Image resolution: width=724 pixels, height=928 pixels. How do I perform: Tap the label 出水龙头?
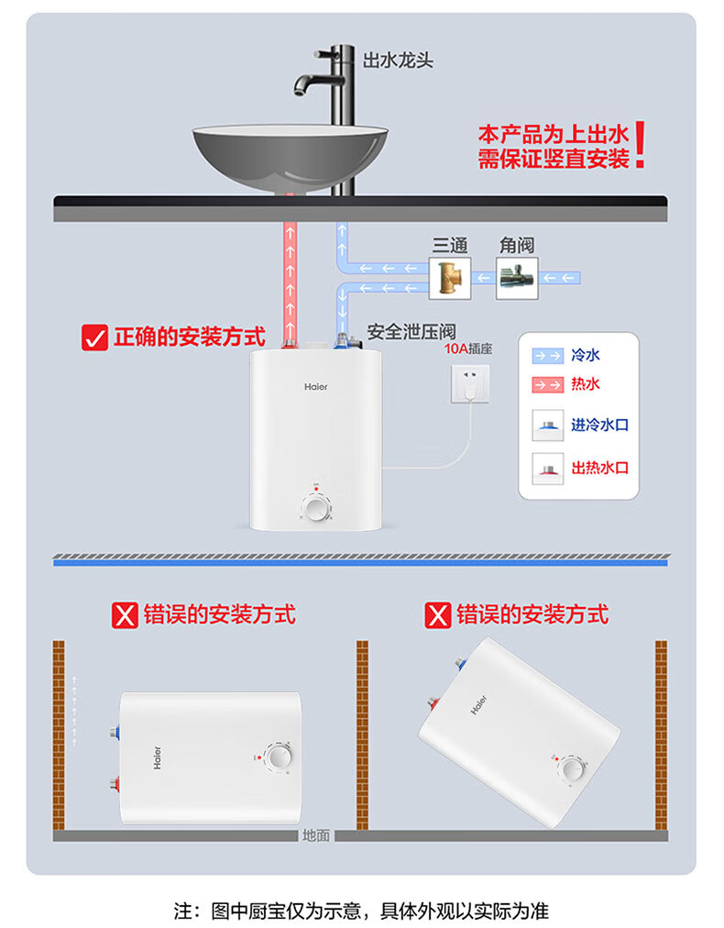click(x=398, y=61)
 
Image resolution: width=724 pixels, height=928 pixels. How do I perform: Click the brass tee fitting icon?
click(x=450, y=278)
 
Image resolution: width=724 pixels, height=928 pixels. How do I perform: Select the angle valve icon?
click(x=517, y=278)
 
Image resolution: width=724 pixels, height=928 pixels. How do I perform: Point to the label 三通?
click(x=450, y=245)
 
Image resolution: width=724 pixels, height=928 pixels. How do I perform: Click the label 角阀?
click(x=516, y=245)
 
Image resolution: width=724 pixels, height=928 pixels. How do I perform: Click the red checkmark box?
click(x=95, y=337)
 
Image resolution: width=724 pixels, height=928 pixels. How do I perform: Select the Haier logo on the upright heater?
click(x=316, y=387)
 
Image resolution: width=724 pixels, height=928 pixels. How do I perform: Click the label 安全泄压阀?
click(x=411, y=331)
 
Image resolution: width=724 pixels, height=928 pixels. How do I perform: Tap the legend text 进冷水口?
click(x=599, y=425)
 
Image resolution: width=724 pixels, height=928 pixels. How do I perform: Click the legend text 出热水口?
click(x=599, y=468)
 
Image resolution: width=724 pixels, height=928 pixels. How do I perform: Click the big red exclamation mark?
click(x=640, y=146)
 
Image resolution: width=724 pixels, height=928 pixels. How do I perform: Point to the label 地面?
click(x=316, y=836)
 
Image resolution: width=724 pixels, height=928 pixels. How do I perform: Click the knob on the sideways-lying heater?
click(x=277, y=757)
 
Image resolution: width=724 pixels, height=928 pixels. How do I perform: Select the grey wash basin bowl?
click(x=290, y=159)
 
